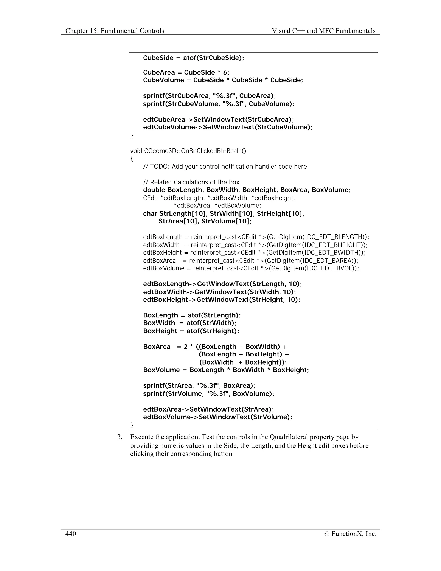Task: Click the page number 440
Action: click(71, 534)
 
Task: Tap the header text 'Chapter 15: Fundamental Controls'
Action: click(115, 31)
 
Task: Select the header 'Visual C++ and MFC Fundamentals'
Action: click(323, 31)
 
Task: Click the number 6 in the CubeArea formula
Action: click(225, 72)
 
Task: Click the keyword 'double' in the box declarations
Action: click(154, 190)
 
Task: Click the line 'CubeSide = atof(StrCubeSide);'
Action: click(194, 58)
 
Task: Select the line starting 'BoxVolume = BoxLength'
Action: click(226, 370)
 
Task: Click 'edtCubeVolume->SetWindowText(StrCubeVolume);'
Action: click(228, 127)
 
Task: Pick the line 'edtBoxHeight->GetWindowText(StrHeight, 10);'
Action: click(222, 300)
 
